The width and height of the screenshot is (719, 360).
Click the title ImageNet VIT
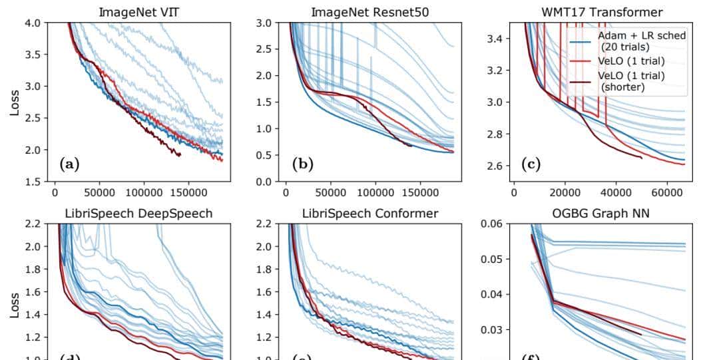pos(138,12)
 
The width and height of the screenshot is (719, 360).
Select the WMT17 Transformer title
pos(602,12)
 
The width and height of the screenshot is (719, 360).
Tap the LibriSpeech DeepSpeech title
pos(138,213)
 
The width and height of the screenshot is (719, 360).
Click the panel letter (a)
pos(69,163)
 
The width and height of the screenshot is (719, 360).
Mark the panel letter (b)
pos(302,163)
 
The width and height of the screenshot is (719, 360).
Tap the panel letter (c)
pos(530,163)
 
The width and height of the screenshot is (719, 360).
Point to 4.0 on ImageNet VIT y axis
pos(32,23)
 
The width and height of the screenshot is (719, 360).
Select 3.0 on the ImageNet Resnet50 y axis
pos(264,23)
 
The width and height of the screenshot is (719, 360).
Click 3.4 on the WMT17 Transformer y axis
pos(493,39)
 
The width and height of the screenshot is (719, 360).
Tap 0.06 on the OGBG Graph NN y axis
pos(491,224)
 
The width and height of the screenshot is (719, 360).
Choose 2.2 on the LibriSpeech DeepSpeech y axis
pos(32,224)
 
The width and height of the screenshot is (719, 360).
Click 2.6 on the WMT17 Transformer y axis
pos(493,166)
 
